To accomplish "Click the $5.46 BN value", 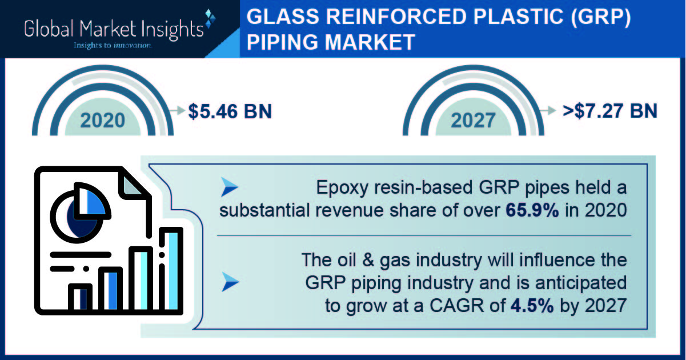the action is pos(230,111).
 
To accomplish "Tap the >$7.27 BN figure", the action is pos(610,111).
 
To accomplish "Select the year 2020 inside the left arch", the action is pos(103,121).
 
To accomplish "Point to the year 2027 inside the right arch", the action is pos(473,121).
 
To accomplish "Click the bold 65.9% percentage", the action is pos(532,210).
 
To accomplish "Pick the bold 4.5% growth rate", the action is pos(532,306).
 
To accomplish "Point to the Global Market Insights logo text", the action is pos(114,29).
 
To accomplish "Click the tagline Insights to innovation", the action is pos(113,45).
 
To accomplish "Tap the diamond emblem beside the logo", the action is pos(210,18).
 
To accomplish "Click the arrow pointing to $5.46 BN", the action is pos(177,110).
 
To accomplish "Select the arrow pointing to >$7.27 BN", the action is pos(547,110).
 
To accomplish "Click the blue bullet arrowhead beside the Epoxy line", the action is pos(230,187).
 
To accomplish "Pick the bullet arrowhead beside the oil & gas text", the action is pos(230,282).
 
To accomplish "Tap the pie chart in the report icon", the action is pos(80,213).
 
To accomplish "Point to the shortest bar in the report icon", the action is pos(80,298).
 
